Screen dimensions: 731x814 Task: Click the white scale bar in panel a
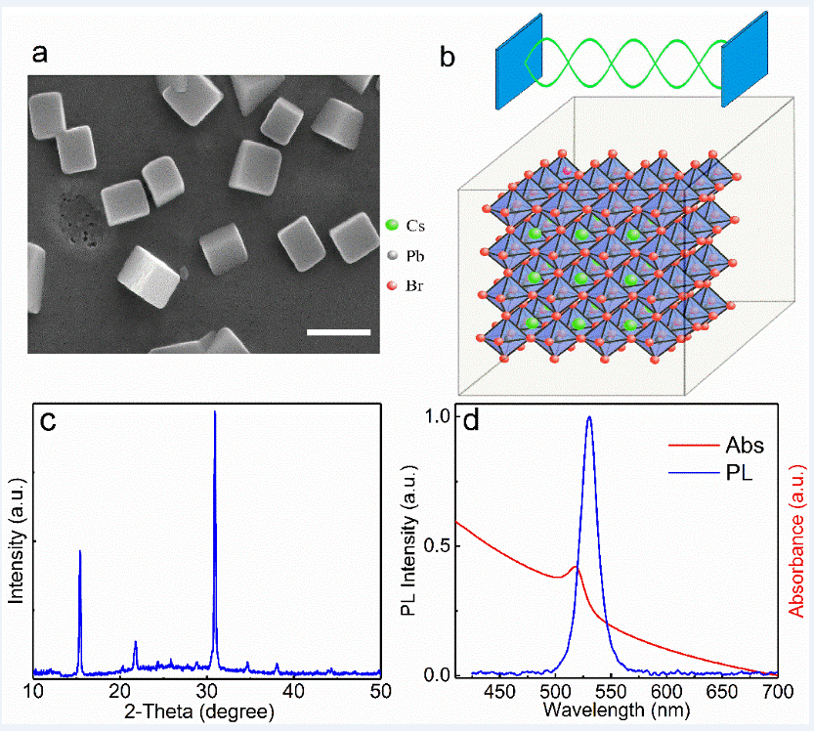[339, 332]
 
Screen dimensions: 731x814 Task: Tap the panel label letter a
[41, 53]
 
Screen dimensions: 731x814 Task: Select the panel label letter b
[448, 58]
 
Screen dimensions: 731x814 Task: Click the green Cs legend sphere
[392, 226]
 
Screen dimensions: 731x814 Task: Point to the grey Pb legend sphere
[392, 255]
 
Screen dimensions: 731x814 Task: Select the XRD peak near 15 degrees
[80, 553]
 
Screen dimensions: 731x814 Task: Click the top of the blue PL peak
[589, 418]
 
